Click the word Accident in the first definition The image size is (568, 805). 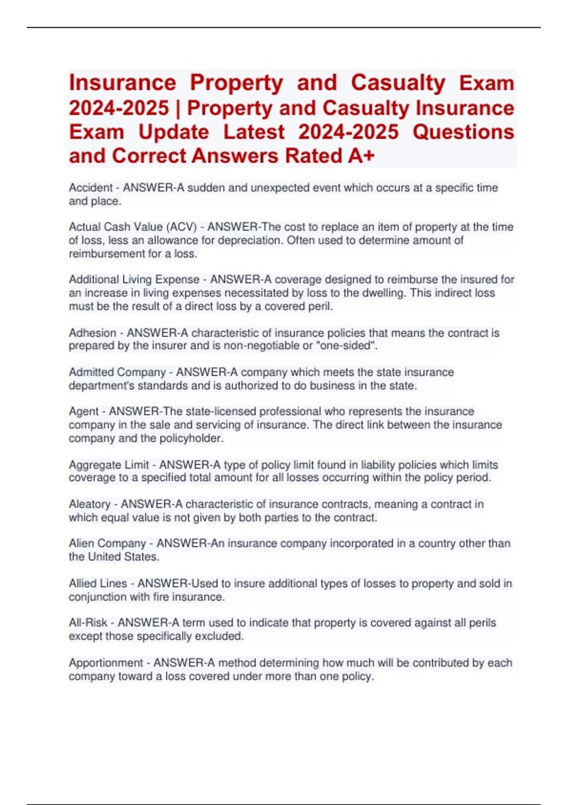click(x=90, y=188)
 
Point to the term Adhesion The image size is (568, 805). click(x=92, y=333)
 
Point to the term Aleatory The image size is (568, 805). click(x=89, y=504)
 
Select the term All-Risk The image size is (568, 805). click(x=88, y=623)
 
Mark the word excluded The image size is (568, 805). click(x=222, y=636)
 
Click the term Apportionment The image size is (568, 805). click(x=106, y=663)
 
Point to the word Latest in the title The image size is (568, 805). click(x=254, y=132)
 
